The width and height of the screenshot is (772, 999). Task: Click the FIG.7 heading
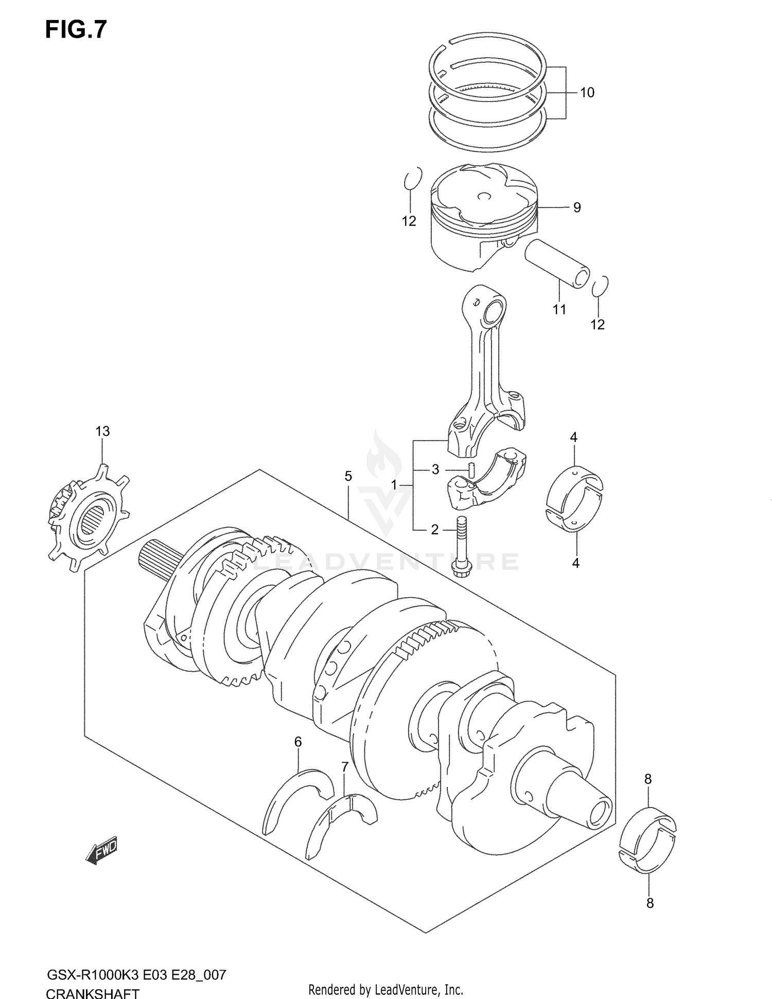pos(76,29)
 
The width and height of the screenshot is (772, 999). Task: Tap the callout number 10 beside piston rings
pos(587,93)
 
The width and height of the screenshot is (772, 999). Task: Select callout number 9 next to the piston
pos(577,207)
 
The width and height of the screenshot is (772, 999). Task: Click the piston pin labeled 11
pos(556,263)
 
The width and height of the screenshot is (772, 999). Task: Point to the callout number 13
pos(102,431)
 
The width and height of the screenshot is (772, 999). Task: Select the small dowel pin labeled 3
pos(470,470)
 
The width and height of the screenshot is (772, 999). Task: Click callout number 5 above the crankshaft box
pos(348,476)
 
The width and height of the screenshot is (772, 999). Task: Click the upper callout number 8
pos(647,779)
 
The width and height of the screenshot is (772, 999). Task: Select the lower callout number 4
pos(575,563)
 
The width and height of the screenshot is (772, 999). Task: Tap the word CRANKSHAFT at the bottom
pos(93,992)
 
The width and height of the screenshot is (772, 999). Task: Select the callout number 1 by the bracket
pos(394,485)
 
